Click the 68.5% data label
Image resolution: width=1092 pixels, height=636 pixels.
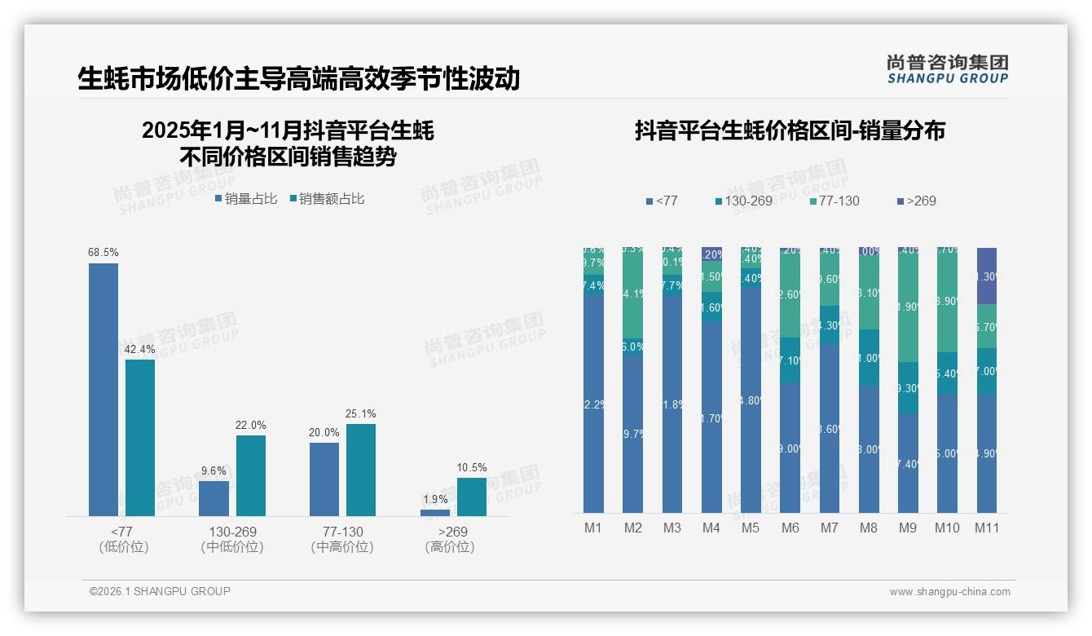pos(103,253)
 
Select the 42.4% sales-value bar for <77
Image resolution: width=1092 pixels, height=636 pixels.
pos(140,437)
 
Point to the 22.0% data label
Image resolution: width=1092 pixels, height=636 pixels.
pos(251,426)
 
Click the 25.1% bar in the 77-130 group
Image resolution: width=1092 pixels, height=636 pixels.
pos(361,470)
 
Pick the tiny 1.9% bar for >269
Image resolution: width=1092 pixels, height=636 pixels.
pos(435,512)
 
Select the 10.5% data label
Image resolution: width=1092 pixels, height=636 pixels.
pos(472,468)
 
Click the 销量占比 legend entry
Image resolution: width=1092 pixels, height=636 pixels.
pos(245,199)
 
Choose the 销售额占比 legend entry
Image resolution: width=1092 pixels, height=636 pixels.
pos(327,199)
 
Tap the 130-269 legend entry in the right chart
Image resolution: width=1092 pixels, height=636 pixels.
pos(743,201)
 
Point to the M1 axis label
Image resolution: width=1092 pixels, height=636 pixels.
pos(593,528)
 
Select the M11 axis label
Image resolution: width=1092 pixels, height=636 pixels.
pos(987,528)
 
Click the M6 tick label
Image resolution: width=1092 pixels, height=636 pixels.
pos(790,528)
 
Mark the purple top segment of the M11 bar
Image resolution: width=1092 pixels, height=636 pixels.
pos(987,276)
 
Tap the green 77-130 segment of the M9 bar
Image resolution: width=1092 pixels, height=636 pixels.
pos(908,307)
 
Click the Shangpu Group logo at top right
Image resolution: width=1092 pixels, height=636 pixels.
pos(947,69)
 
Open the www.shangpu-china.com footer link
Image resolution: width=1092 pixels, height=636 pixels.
pos(949,592)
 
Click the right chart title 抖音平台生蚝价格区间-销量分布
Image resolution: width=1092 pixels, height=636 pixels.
pos(790,131)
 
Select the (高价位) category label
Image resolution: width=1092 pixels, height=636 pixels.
pos(449,547)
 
